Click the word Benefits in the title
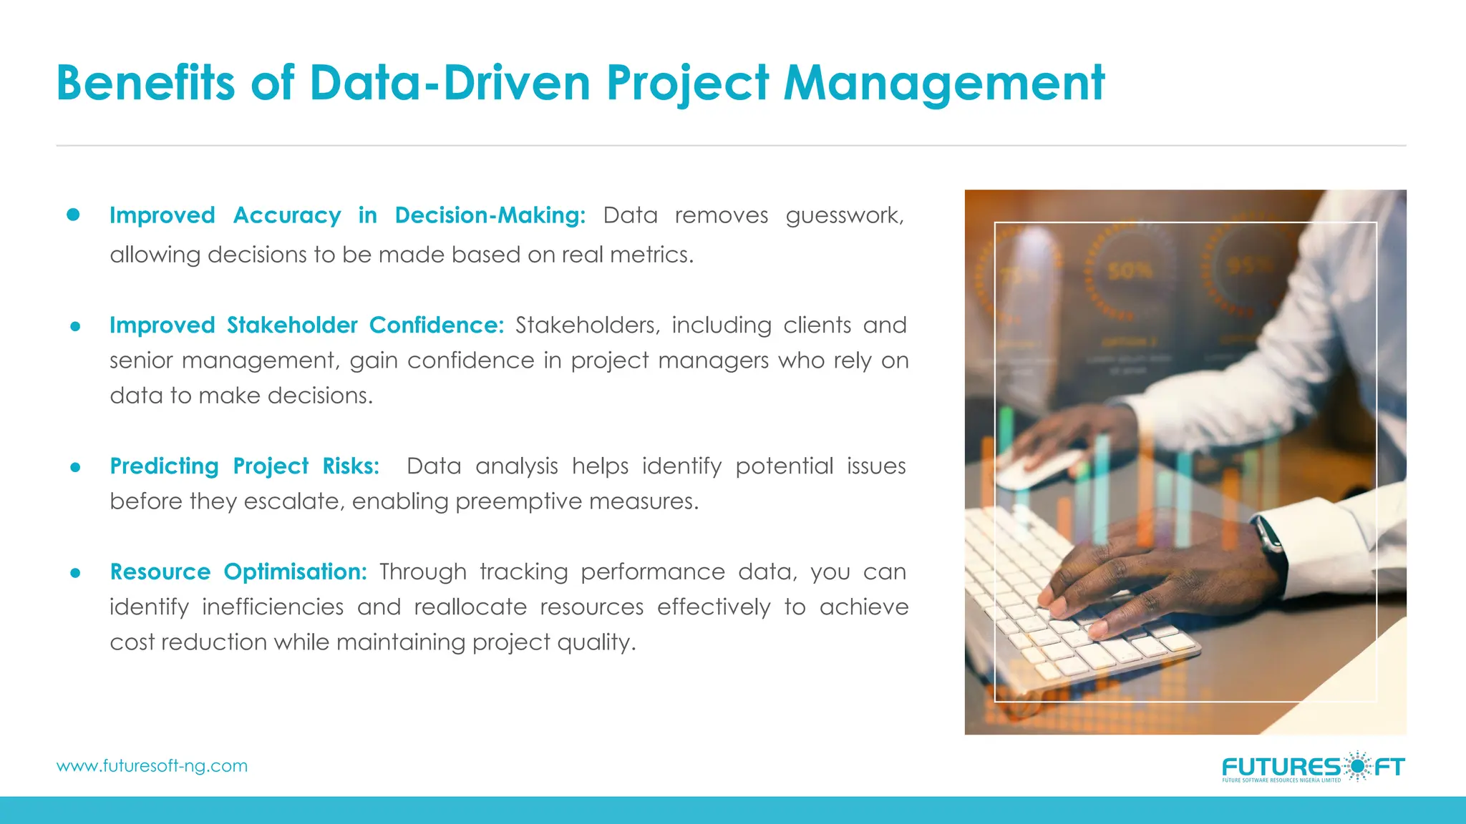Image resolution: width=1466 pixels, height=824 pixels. (x=145, y=83)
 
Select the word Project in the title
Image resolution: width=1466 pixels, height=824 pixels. (x=687, y=83)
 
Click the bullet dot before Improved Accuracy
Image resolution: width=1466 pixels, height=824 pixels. (x=73, y=215)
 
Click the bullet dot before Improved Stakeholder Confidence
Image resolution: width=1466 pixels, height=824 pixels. (x=75, y=327)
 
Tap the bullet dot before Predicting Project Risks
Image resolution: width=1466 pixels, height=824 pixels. (x=75, y=468)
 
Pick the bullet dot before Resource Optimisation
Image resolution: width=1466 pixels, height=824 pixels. (x=75, y=573)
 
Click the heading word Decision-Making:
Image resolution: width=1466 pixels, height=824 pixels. (x=490, y=215)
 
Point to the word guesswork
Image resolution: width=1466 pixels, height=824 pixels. (x=845, y=215)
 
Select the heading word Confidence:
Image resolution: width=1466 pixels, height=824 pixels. (x=436, y=325)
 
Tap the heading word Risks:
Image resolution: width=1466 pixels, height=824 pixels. (x=351, y=466)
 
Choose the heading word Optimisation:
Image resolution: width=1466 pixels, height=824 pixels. (x=295, y=572)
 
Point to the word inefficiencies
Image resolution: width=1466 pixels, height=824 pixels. (x=273, y=607)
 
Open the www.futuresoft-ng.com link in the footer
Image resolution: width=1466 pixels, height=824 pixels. (x=152, y=766)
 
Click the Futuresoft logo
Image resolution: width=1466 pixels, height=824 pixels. (x=1313, y=767)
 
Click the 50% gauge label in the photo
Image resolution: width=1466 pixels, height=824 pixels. (x=1130, y=271)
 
